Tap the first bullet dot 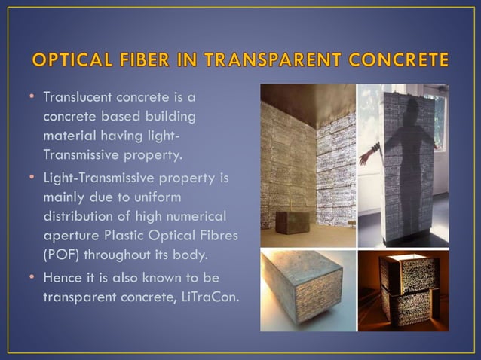(x=33, y=98)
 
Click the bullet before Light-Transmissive (x=33, y=177)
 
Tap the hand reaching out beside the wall (x=365, y=157)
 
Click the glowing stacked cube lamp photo (x=403, y=291)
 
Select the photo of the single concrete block (x=308, y=291)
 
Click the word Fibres (x=217, y=236)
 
